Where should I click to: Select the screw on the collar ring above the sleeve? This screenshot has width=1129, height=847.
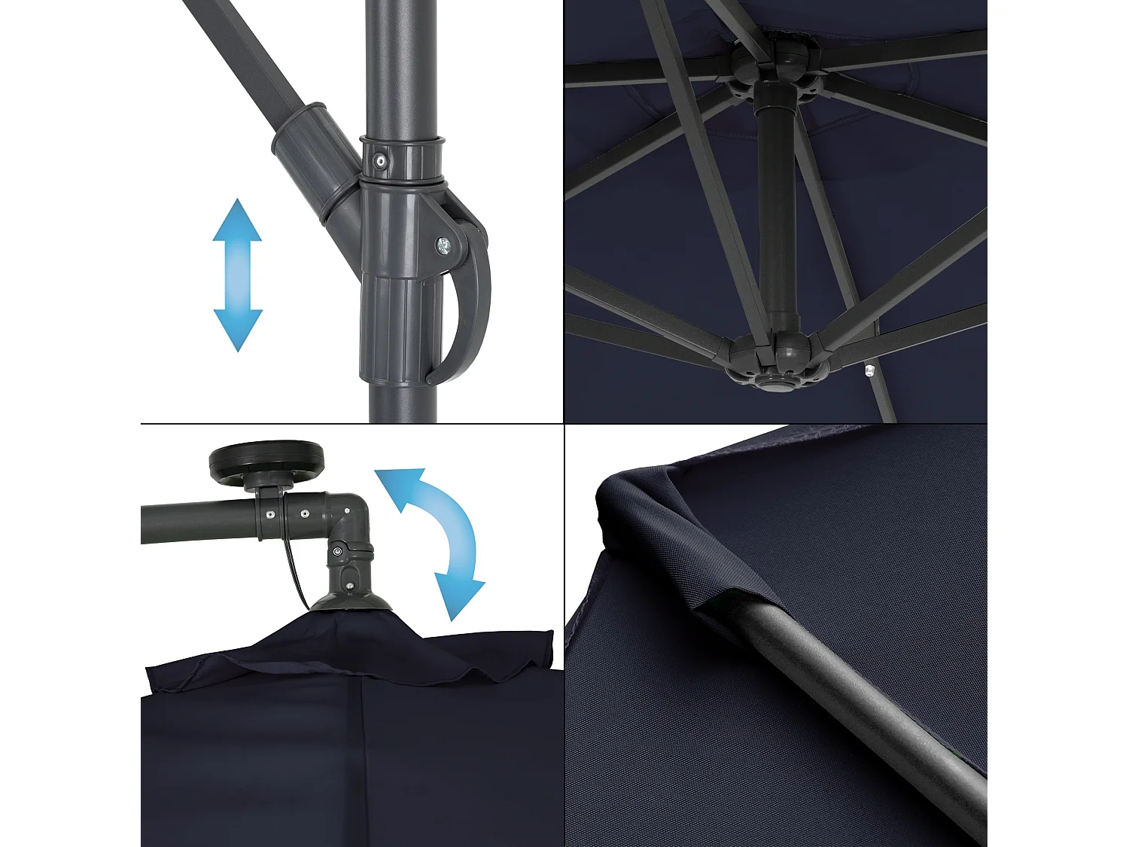(382, 160)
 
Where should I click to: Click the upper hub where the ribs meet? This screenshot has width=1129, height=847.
(775, 64)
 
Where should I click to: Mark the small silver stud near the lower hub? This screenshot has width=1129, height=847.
(869, 370)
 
